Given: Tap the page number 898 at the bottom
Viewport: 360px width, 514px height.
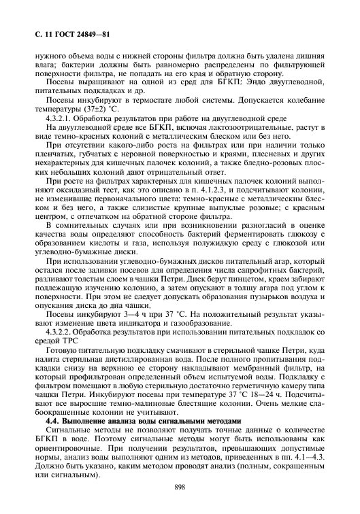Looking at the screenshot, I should point(180,487).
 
